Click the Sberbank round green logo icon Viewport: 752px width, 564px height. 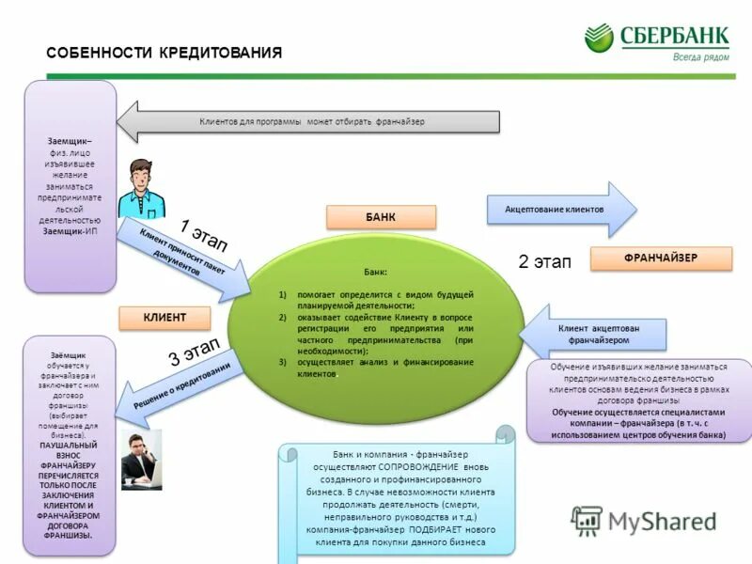599,39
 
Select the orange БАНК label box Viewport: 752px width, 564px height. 381,217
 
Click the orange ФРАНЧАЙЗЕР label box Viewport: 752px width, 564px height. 660,258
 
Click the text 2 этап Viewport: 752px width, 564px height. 544,262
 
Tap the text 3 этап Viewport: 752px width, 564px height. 193,351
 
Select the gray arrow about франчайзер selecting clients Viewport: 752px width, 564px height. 310,122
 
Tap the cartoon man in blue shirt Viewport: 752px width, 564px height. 140,188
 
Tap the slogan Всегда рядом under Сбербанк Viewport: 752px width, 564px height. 700,56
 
